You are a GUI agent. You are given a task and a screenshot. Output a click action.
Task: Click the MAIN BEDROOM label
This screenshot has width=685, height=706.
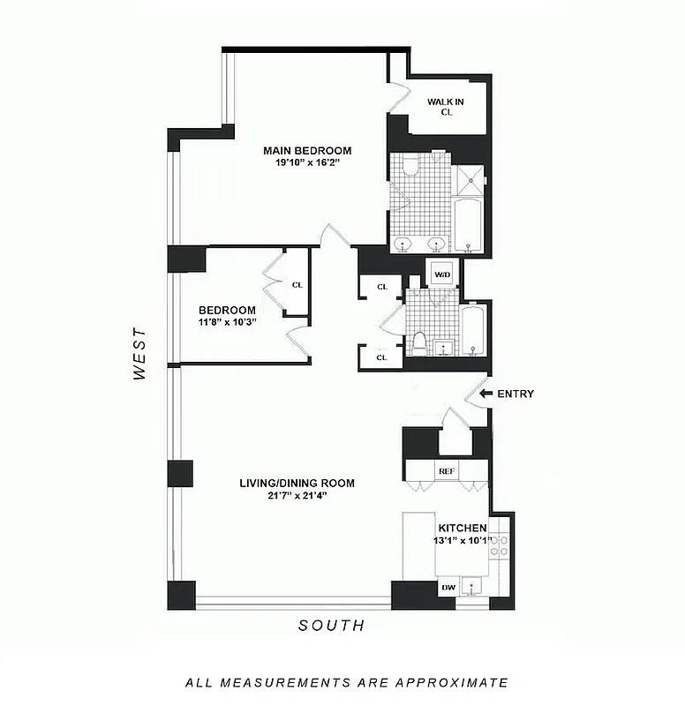tap(307, 150)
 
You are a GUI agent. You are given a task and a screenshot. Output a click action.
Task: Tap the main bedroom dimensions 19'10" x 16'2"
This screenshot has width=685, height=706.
tap(307, 163)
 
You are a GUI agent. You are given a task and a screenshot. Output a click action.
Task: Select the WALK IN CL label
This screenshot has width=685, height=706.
tap(446, 107)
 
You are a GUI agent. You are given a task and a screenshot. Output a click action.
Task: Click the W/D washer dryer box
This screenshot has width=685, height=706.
tap(441, 274)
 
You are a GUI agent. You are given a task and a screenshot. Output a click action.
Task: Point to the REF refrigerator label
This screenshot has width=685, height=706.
tap(447, 471)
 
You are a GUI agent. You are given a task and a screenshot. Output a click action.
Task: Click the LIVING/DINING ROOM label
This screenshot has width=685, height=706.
tap(297, 483)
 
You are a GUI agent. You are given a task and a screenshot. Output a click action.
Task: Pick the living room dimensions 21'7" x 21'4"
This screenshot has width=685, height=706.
tap(297, 496)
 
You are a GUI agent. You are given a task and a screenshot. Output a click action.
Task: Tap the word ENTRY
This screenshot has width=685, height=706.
tap(516, 394)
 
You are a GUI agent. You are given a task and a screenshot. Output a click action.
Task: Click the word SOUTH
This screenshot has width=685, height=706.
tap(331, 626)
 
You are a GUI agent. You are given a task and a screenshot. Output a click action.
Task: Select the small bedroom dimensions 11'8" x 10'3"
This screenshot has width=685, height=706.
tap(227, 323)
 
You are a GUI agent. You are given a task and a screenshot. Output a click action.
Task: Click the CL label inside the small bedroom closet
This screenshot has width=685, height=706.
tap(297, 284)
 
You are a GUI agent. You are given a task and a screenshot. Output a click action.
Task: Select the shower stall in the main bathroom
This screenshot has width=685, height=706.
tap(470, 180)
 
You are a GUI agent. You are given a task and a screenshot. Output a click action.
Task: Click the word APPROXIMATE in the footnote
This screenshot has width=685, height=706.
tap(451, 682)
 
